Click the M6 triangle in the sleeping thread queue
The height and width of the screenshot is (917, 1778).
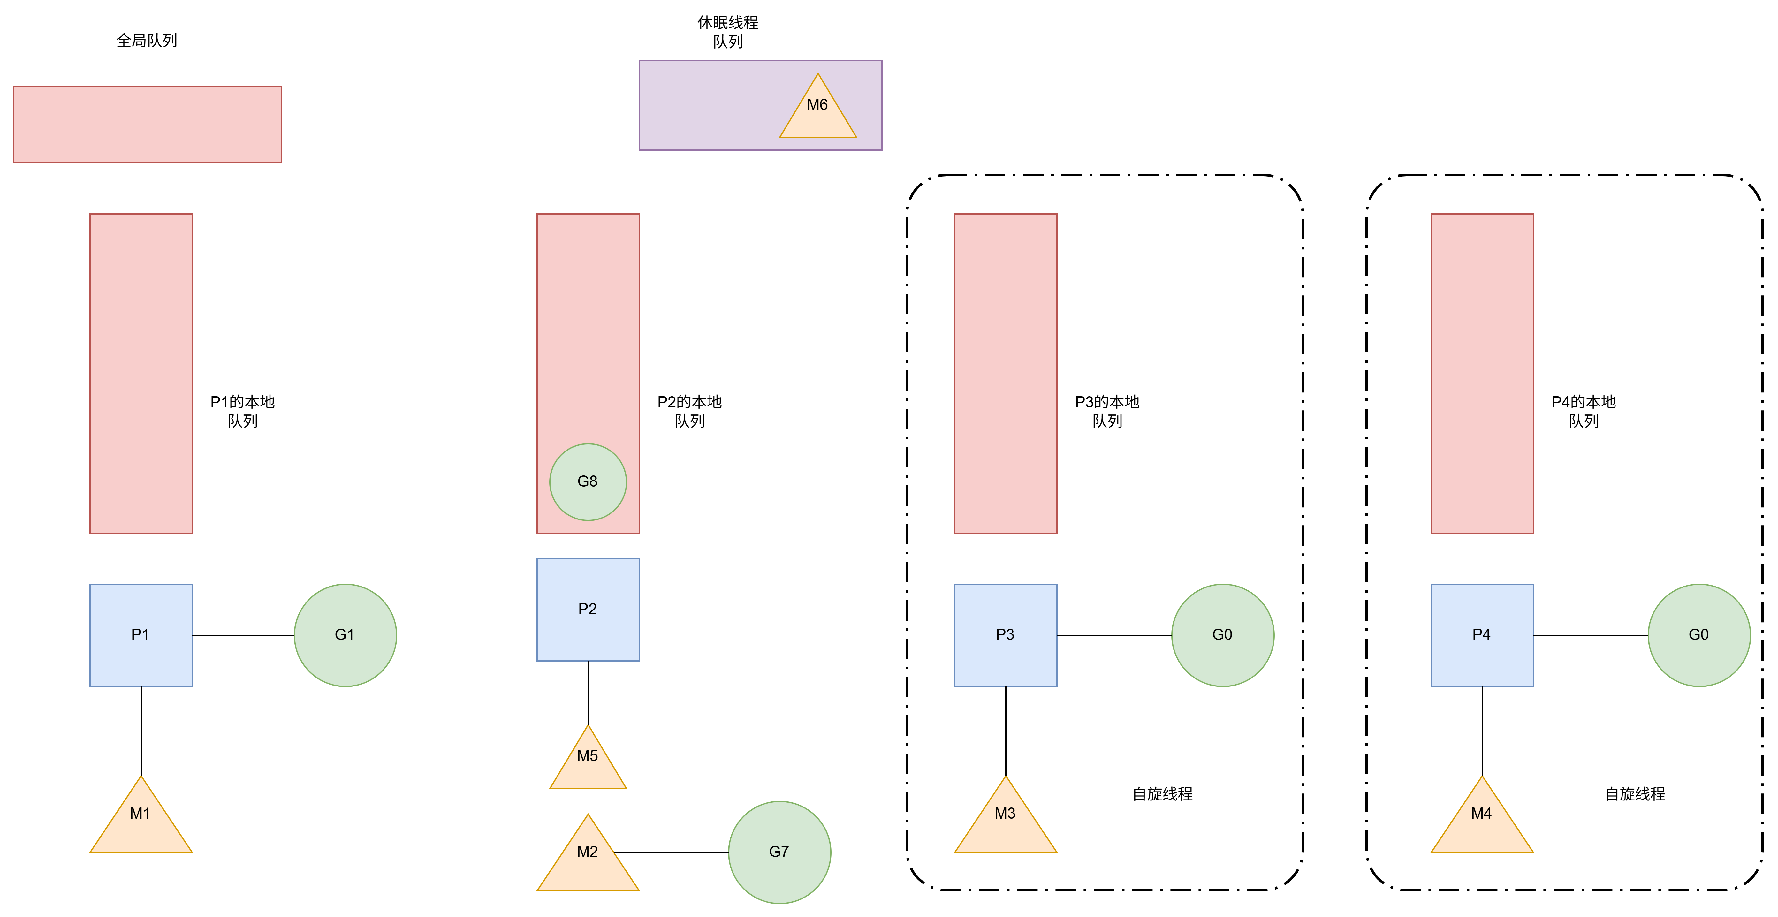tap(818, 110)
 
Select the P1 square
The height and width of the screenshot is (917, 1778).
tap(141, 635)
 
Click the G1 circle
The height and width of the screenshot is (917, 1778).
tap(345, 635)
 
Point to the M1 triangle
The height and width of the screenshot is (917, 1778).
tap(141, 821)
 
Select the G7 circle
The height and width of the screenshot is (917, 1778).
tap(779, 852)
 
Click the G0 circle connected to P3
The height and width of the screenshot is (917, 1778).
tap(1222, 635)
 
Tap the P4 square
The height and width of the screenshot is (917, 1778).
tap(1482, 635)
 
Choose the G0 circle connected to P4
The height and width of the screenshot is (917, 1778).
tap(1698, 635)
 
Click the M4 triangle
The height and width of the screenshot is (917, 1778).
tap(1482, 821)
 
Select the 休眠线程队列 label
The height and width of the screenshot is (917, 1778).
tap(727, 32)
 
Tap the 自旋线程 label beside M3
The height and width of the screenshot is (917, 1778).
tap(1162, 794)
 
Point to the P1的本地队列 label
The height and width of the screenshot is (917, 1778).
tap(242, 411)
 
